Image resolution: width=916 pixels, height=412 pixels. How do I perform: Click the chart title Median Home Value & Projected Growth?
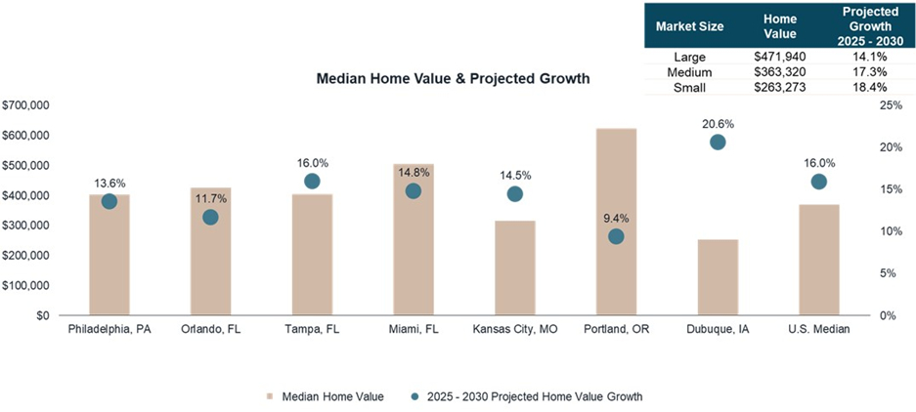[453, 78]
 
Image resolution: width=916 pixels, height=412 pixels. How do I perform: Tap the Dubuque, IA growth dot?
[718, 142]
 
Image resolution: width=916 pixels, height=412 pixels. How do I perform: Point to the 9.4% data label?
[616, 218]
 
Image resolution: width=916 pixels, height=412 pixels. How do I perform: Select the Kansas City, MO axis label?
[514, 329]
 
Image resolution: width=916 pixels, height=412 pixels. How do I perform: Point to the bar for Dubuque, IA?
[718, 277]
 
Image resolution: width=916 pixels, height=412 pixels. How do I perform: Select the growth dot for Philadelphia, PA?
[109, 201]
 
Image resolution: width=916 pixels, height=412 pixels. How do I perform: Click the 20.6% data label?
[718, 124]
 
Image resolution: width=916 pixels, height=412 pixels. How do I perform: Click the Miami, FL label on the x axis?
[413, 329]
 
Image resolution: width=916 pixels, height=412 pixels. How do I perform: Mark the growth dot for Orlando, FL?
[210, 217]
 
